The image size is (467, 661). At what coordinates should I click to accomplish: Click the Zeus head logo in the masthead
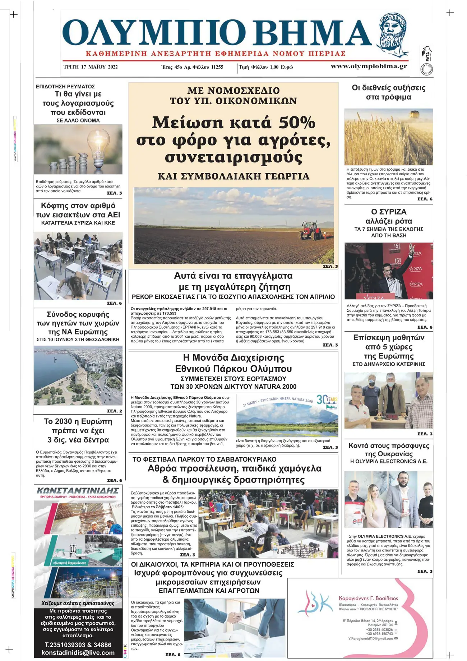(x=394, y=32)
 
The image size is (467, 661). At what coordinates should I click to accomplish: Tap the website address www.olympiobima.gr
(x=369, y=66)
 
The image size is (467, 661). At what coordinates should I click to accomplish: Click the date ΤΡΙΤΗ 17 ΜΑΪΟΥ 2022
(x=91, y=67)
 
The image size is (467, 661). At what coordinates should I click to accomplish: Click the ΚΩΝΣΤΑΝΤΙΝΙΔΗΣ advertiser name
(x=78, y=491)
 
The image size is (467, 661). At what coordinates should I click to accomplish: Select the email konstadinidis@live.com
(x=78, y=652)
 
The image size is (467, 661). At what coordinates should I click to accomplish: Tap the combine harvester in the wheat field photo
(x=414, y=114)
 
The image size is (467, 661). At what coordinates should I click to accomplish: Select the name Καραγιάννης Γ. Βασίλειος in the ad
(x=368, y=598)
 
